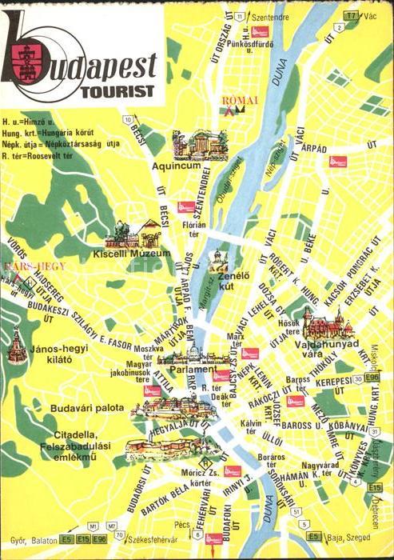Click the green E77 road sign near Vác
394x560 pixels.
(350, 15)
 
